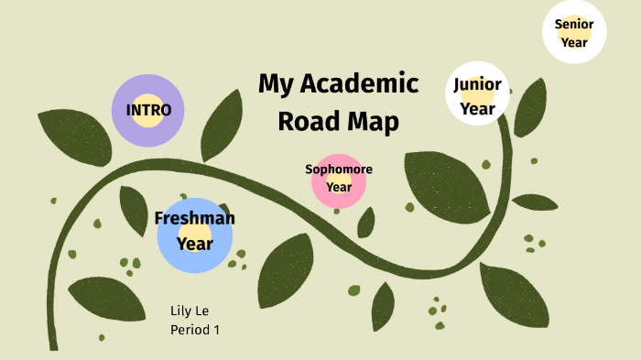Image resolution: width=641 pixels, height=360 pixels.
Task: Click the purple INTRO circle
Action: pyautogui.click(x=148, y=110)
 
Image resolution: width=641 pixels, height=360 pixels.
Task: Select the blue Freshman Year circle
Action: pyautogui.click(x=195, y=235)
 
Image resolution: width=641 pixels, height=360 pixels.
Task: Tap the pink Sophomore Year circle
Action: pyautogui.click(x=339, y=180)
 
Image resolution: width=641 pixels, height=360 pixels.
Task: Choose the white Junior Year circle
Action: pyautogui.click(x=477, y=93)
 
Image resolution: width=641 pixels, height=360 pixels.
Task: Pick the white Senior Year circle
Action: pyautogui.click(x=574, y=32)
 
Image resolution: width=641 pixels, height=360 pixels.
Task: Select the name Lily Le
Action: pyautogui.click(x=190, y=311)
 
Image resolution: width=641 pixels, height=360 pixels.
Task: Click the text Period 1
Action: pyautogui.click(x=195, y=329)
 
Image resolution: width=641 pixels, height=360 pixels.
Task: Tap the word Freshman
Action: pyautogui.click(x=195, y=218)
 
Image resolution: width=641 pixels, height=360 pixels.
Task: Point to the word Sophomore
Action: pyautogui.click(x=339, y=169)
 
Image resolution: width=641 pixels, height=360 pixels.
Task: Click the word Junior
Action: pyautogui.click(x=477, y=85)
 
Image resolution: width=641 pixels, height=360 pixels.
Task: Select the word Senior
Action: pyautogui.click(x=574, y=24)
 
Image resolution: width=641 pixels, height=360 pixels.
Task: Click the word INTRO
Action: pyautogui.click(x=148, y=110)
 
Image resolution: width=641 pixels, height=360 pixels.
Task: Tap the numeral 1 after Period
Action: pyautogui.click(x=216, y=329)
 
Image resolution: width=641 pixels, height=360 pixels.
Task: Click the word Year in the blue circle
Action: pyautogui.click(x=195, y=244)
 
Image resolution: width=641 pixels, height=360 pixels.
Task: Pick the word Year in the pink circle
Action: pyautogui.click(x=339, y=187)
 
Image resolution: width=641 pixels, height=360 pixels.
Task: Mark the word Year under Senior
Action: pyautogui.click(x=574, y=42)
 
